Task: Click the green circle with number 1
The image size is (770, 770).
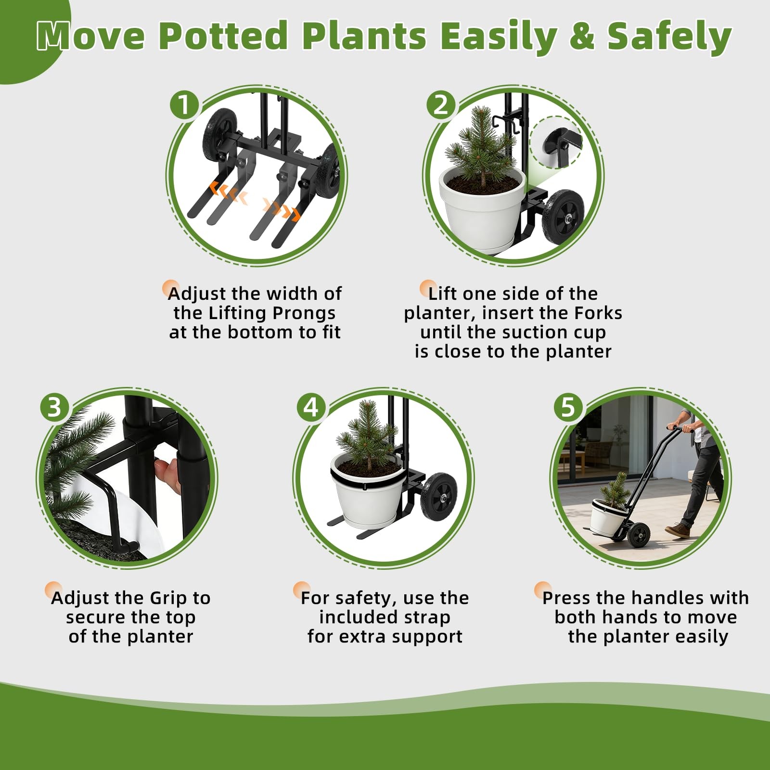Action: pyautogui.click(x=184, y=105)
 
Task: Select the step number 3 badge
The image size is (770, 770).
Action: pyautogui.click(x=54, y=407)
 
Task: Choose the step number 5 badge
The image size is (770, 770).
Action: pyautogui.click(x=568, y=407)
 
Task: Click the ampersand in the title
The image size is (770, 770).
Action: pyautogui.click(x=583, y=37)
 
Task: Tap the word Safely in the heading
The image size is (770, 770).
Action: pyautogui.click(x=669, y=37)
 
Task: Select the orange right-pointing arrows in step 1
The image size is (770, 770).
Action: pyautogui.click(x=282, y=209)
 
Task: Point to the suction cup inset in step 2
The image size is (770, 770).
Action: pyautogui.click(x=556, y=142)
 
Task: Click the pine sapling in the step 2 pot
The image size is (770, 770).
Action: pyautogui.click(x=480, y=144)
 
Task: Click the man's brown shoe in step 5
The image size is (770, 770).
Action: pyautogui.click(x=678, y=530)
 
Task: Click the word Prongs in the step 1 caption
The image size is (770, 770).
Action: pyautogui.click(x=304, y=313)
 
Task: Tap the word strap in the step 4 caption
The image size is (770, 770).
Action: pyautogui.click(x=427, y=617)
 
